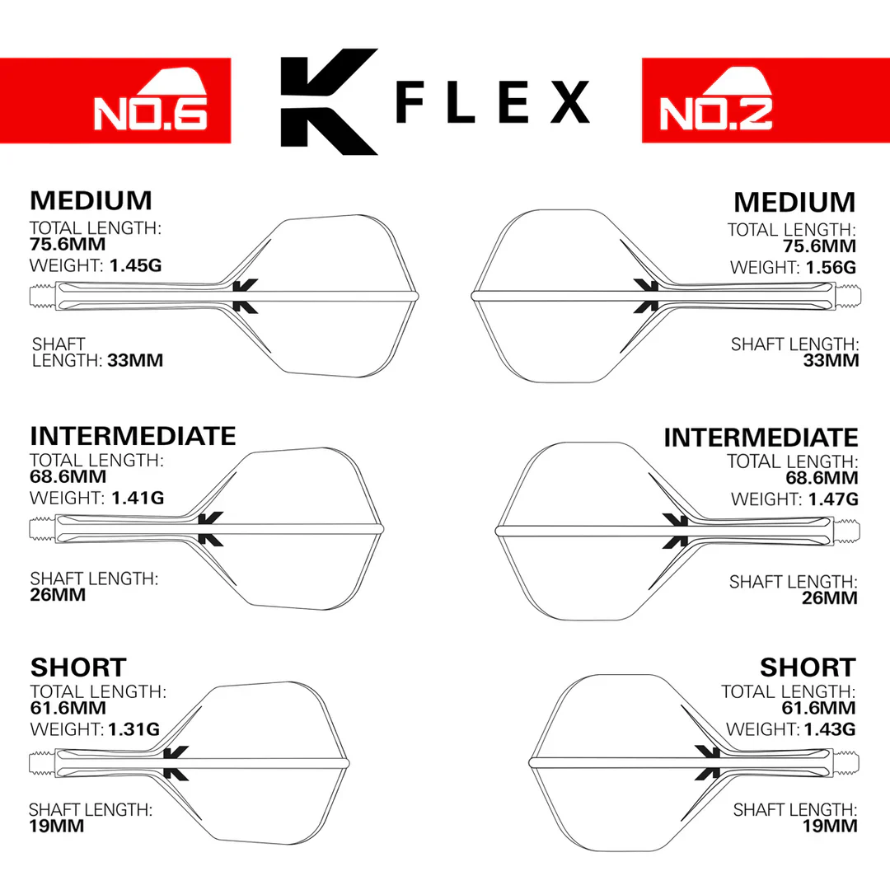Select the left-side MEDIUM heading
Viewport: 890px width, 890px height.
point(91,200)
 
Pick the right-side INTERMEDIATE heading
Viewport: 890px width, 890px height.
point(761,437)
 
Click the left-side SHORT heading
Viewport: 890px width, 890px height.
point(78,667)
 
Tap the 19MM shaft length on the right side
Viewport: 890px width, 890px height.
point(830,826)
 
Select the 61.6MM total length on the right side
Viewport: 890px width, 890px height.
point(818,708)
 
